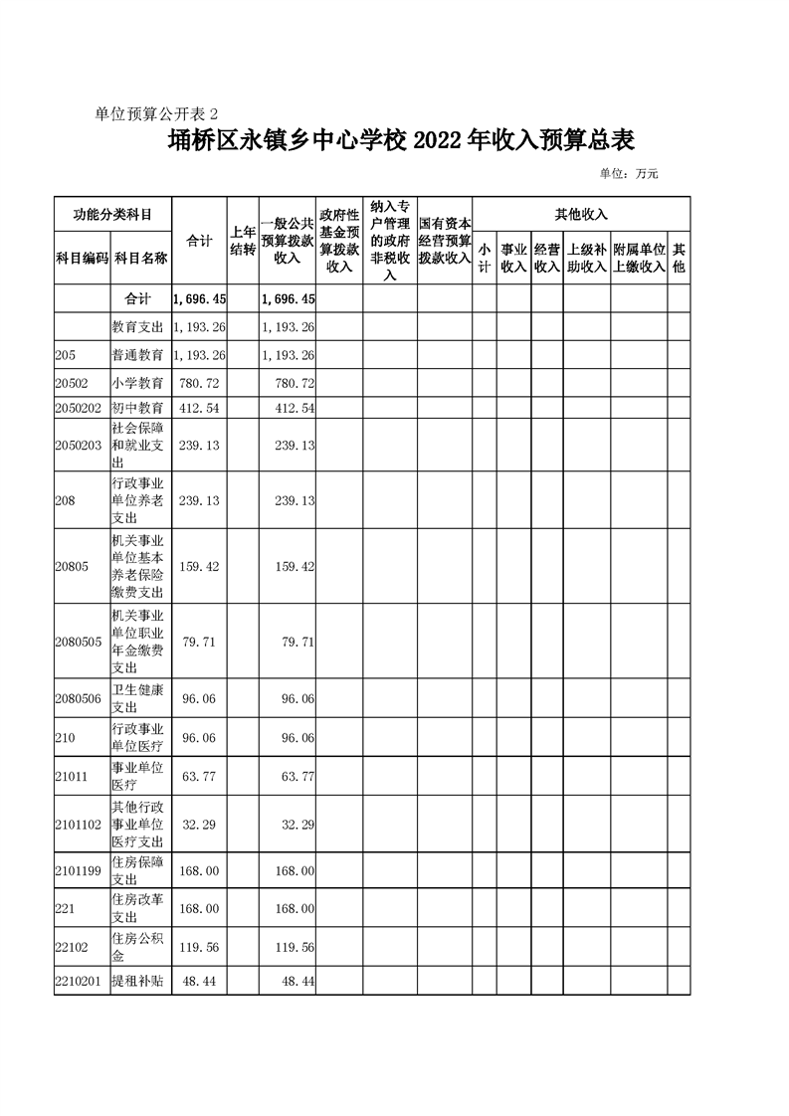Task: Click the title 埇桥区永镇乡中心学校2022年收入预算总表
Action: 401,141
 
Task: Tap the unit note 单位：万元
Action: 629,174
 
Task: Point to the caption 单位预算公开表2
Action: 161,113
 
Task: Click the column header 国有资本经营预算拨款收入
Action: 444,241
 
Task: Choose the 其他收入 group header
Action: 581,214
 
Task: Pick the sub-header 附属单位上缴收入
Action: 639,258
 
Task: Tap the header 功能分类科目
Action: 112,214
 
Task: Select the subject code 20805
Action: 72,567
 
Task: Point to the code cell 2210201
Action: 80,982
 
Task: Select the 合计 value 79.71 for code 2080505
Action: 199,643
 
